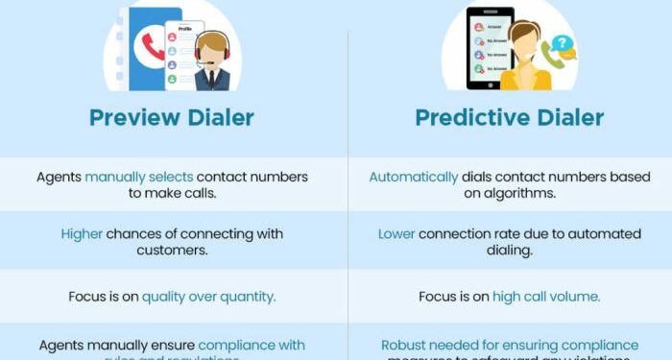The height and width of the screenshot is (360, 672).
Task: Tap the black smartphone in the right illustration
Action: [491, 48]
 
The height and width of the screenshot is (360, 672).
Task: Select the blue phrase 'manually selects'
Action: [139, 177]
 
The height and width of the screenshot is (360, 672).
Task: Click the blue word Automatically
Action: [414, 177]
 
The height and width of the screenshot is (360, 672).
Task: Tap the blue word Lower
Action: [396, 234]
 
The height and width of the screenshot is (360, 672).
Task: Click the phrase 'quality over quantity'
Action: [208, 297]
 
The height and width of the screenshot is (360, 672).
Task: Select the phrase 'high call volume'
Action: [546, 297]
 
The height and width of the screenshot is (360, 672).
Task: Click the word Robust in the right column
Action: [405, 345]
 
